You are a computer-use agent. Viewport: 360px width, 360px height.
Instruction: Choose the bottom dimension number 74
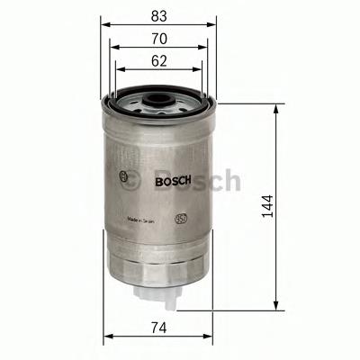tap(157, 328)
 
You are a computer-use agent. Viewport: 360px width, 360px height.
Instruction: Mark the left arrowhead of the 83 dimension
tap(103, 26)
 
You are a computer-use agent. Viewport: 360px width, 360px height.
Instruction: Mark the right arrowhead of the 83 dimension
tap(214, 26)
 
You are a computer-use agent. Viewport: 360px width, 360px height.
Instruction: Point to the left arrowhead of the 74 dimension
tap(107, 337)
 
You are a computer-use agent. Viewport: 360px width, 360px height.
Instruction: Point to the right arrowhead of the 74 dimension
tap(209, 337)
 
